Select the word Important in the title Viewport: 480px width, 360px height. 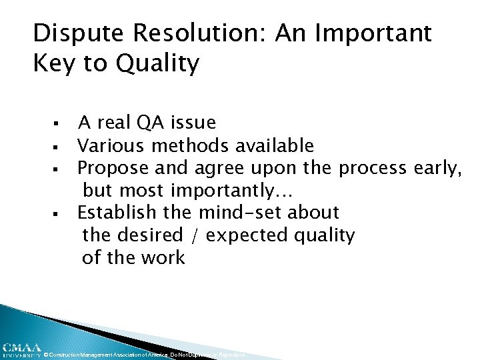pos(374,33)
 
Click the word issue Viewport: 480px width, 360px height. pos(193,123)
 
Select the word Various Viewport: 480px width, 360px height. pos(112,145)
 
